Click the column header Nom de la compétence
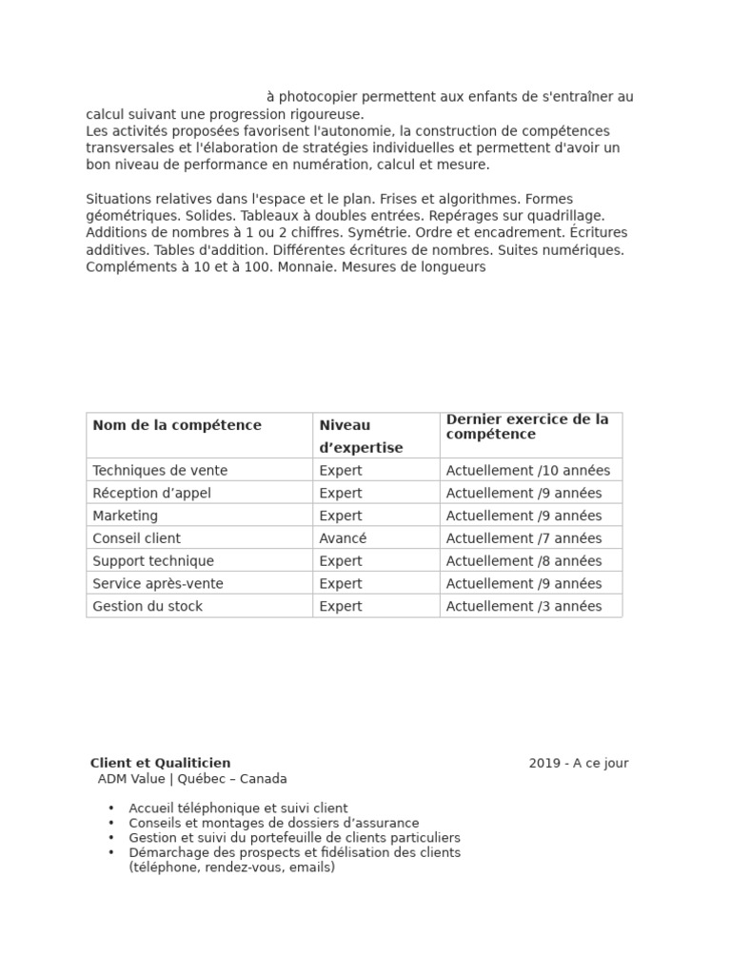(176, 425)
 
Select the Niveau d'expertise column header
(361, 436)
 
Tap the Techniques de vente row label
(160, 470)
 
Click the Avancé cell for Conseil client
(343, 538)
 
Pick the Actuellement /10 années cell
(527, 470)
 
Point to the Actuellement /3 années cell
(524, 607)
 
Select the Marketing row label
(126, 516)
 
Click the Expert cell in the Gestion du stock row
(341, 607)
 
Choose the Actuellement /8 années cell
(524, 561)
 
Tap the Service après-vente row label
(158, 584)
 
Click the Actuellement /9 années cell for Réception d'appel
(524, 493)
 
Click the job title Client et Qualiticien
(160, 763)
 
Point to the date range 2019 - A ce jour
(579, 763)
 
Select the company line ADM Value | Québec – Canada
(192, 779)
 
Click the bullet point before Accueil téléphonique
(111, 808)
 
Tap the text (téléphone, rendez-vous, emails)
(231, 867)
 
